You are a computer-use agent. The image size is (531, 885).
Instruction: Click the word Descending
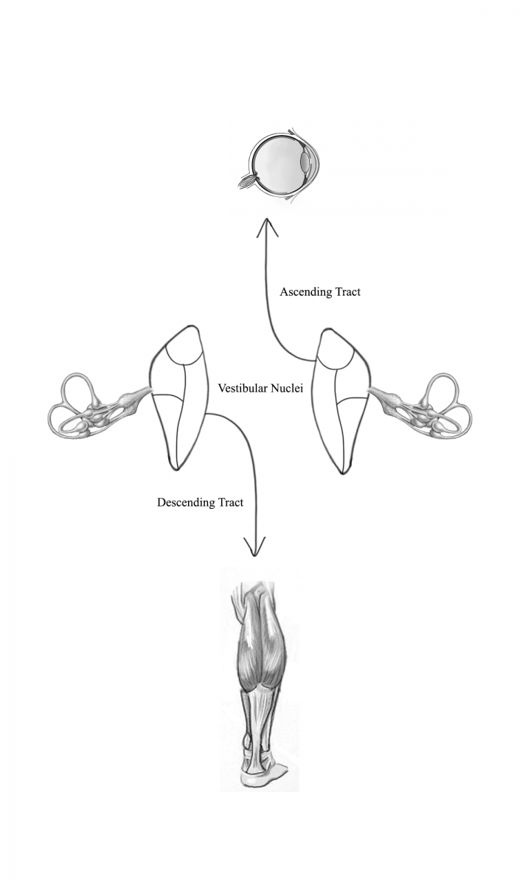[181, 502]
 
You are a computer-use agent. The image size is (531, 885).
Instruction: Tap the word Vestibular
[243, 389]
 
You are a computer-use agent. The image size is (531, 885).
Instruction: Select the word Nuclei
[287, 389]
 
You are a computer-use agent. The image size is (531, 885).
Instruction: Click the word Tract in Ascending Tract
[347, 292]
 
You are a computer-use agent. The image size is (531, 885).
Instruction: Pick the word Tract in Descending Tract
[230, 502]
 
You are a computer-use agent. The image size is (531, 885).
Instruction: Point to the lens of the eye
[305, 162]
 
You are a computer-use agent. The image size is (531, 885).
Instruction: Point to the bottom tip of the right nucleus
[342, 473]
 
